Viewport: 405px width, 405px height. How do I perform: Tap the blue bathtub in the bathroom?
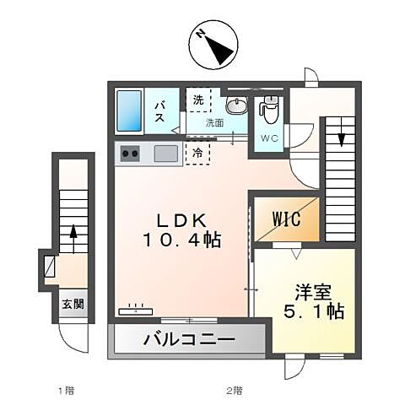tap(131, 110)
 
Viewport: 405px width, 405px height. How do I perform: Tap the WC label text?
tap(269, 138)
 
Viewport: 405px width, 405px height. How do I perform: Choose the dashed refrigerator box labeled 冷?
tap(197, 154)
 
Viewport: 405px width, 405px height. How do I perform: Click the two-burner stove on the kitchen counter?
tap(132, 153)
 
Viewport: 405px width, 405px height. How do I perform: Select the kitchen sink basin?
tap(165, 153)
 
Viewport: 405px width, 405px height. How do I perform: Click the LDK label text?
tap(181, 220)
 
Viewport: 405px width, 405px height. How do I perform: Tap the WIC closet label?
tap(286, 217)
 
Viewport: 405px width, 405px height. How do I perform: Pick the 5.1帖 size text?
tap(312, 311)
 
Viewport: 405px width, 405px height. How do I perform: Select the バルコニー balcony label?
tap(187, 341)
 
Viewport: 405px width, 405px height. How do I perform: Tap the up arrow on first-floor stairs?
tap(73, 232)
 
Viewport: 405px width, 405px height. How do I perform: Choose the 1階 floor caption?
tap(65, 391)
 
